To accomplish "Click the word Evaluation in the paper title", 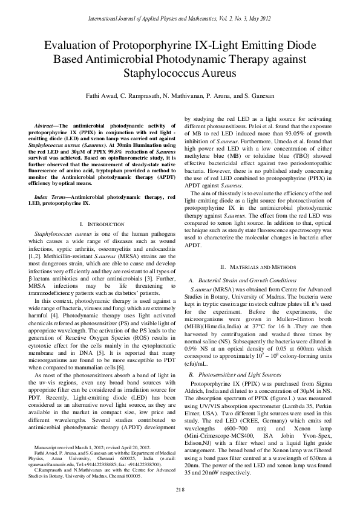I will (76, 45).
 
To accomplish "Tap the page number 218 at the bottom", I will (180, 488).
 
